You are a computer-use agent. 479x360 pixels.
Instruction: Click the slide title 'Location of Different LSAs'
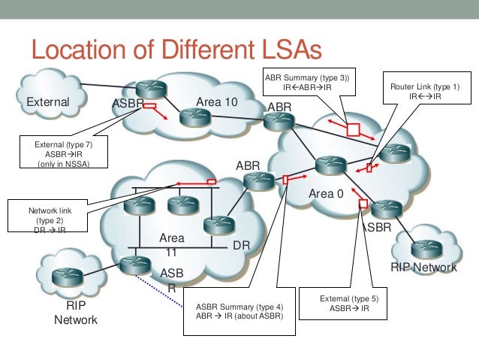(176, 51)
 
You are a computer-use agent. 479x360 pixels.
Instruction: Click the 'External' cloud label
(48, 102)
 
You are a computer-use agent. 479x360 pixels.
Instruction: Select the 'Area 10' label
(217, 101)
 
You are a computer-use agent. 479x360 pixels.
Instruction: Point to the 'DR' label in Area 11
(241, 246)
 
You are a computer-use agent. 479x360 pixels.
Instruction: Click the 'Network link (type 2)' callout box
(41, 217)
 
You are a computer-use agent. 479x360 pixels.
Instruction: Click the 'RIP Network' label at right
(423, 267)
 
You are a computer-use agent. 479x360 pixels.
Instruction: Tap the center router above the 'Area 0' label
(328, 165)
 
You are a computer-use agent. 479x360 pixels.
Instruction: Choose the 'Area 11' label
(171, 246)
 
